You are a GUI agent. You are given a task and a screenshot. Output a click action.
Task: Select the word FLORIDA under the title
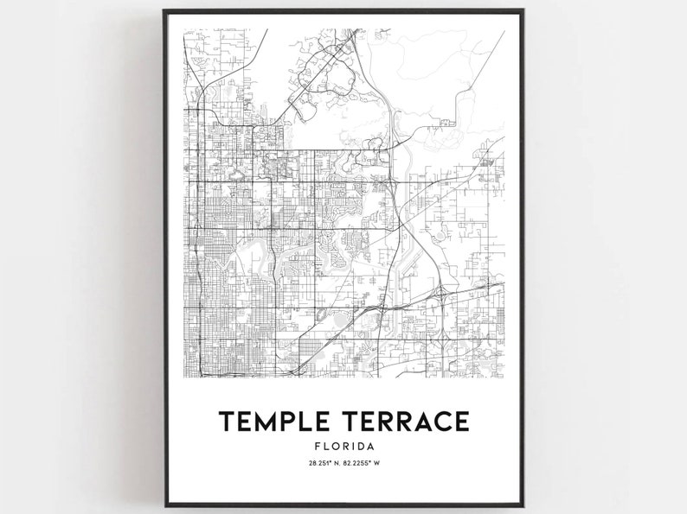pos(344,446)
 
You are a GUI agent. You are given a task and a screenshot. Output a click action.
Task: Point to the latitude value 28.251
pos(319,464)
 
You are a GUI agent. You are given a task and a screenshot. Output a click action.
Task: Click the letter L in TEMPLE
pos(305,421)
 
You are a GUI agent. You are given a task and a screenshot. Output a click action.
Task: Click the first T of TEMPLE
pos(227,421)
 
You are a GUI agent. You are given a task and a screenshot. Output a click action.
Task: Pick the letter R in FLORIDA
pos(343,446)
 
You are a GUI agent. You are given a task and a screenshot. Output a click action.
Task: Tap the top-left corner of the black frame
pos(164,11)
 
